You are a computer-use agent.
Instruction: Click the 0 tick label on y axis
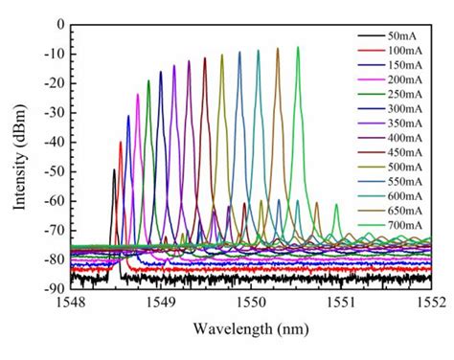tap(59, 24)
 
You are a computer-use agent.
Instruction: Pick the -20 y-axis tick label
tap(54, 83)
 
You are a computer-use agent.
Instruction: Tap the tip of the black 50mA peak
tap(114, 170)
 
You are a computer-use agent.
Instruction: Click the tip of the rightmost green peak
tap(298, 47)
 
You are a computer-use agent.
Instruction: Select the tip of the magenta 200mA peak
tap(138, 94)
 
